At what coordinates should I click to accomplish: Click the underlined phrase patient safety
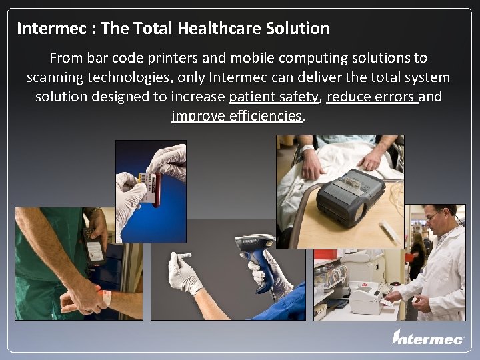tap(274, 97)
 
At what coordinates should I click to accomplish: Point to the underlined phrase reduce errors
tap(372, 97)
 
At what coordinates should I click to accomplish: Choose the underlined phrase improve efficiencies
tap(237, 116)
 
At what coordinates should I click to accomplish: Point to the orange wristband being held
tap(105, 294)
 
